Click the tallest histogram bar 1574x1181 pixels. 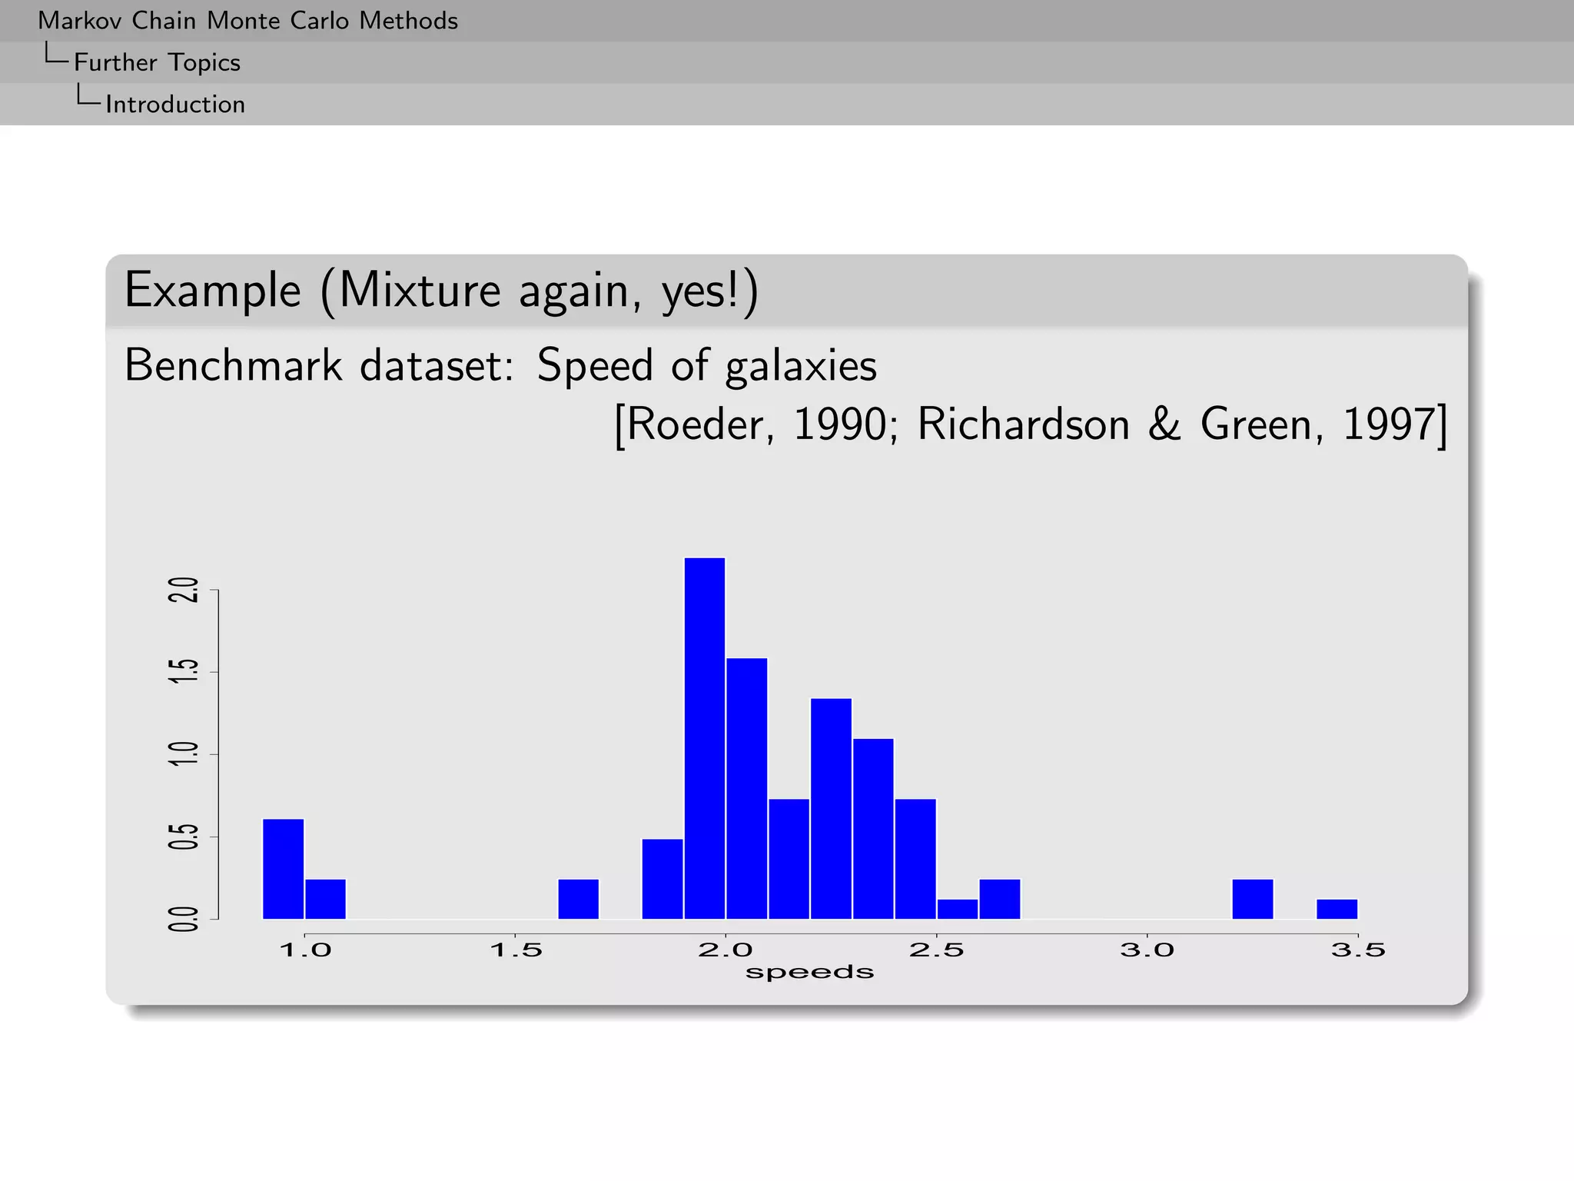704,738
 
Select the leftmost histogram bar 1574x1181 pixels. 283,869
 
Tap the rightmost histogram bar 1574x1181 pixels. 1337,909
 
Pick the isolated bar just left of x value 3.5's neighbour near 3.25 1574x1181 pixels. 1252,899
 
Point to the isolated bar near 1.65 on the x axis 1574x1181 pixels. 578,899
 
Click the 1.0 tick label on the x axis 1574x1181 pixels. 305,950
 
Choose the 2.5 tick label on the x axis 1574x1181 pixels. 936,950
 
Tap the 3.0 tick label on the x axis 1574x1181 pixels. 1147,950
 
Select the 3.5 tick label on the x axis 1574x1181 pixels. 1357,950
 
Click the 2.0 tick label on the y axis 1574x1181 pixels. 183,589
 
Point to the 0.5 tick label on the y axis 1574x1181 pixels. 183,837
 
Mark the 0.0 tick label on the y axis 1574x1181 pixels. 183,919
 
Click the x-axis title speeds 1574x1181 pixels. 809,973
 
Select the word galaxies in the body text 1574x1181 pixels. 800,366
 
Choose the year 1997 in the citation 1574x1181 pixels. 1388,424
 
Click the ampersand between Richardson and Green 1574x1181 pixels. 1164,424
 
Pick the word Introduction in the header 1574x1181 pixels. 175,105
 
